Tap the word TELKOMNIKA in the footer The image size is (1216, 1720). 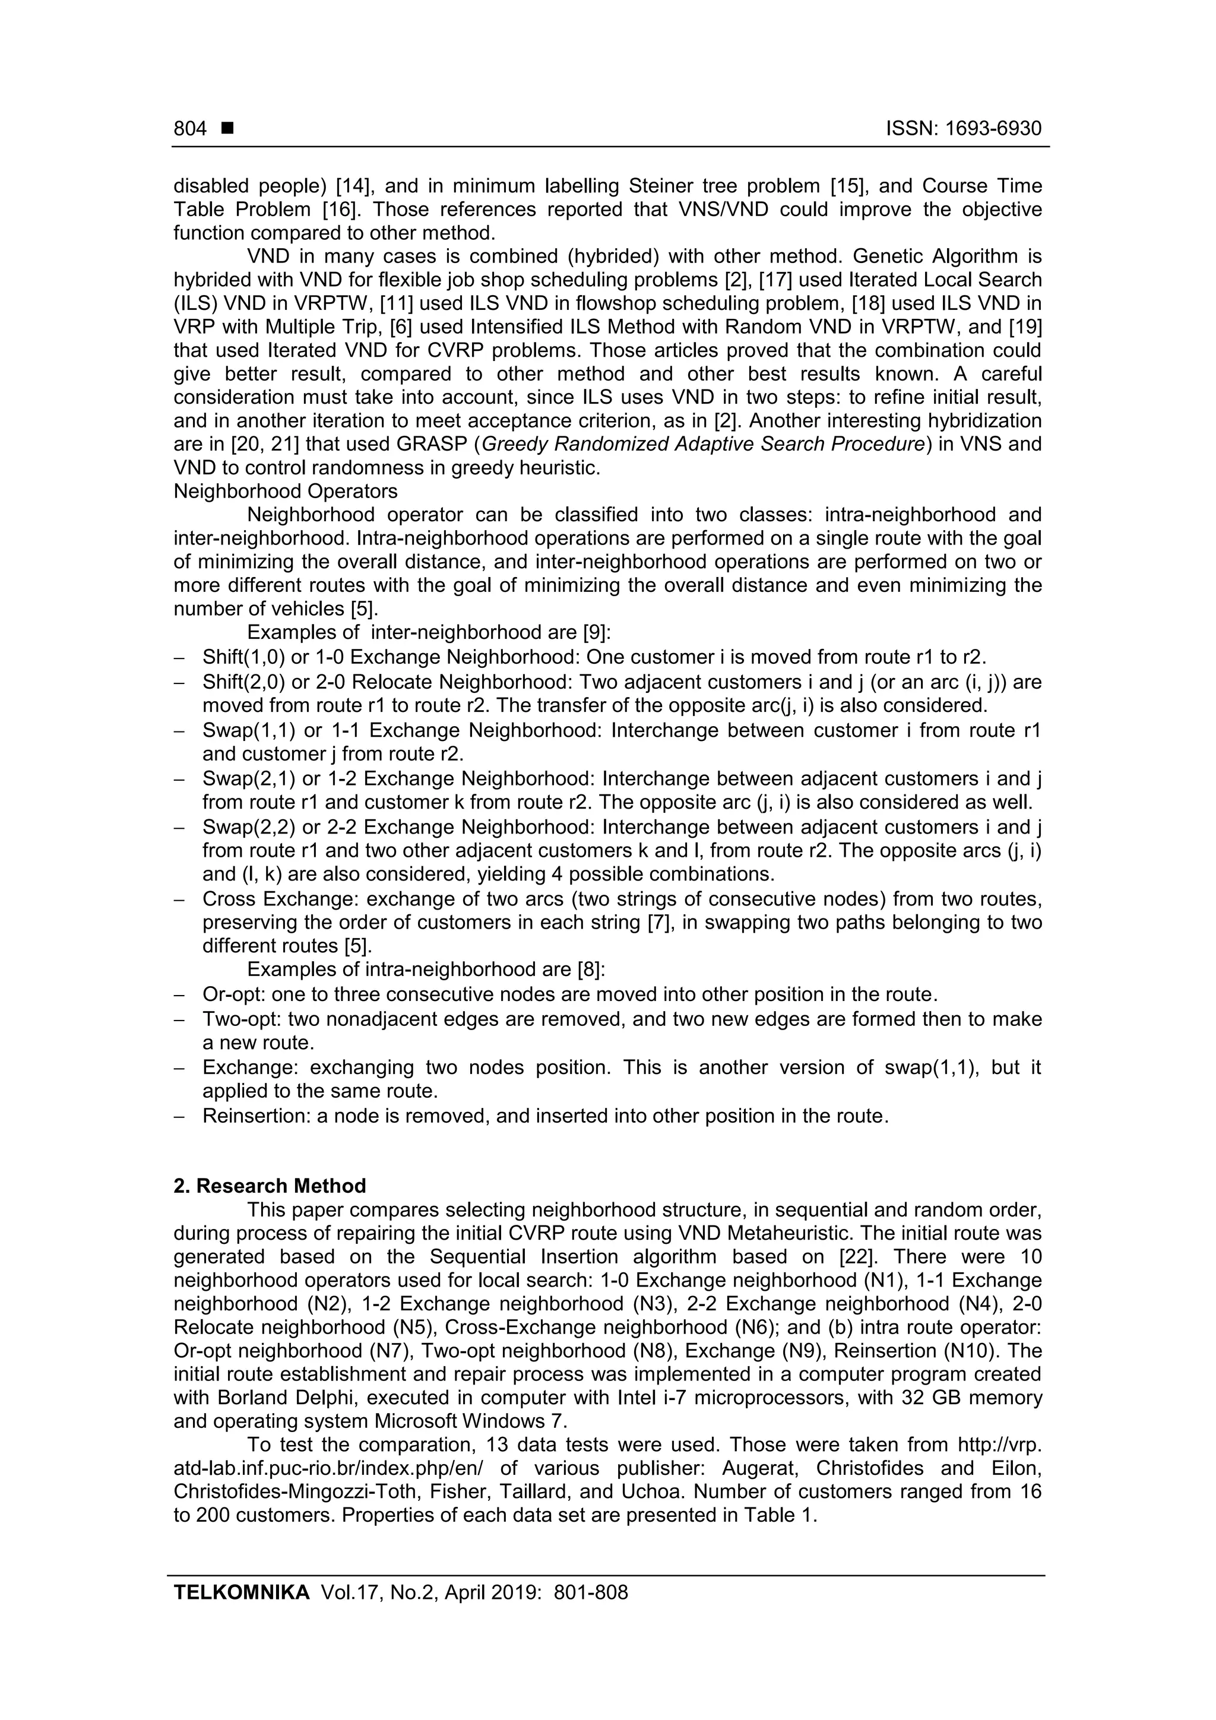coord(241,1592)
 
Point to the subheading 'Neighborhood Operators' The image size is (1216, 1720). coord(286,492)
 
